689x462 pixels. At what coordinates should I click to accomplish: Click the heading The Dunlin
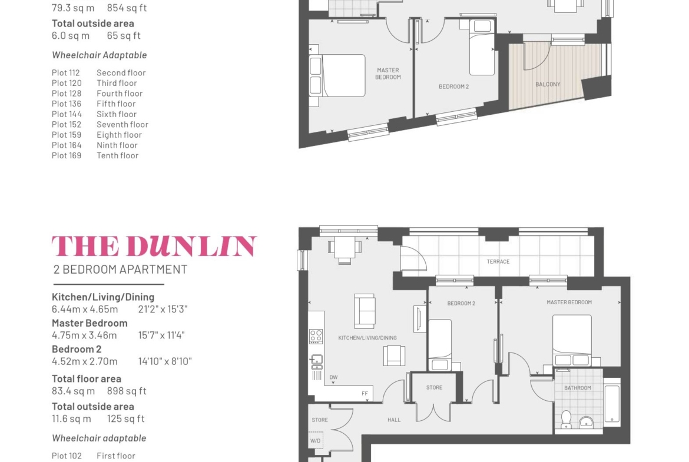coord(154,246)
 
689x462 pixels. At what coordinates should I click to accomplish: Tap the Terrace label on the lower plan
coord(498,262)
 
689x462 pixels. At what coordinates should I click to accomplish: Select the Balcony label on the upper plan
coord(548,84)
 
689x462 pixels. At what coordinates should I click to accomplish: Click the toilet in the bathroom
coord(566,419)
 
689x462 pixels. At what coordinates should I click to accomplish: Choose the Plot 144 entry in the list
coord(67,114)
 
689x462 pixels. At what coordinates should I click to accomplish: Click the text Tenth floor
coord(117,155)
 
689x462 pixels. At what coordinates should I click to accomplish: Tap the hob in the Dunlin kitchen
coord(316,337)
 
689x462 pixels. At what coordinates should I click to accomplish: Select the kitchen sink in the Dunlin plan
coord(316,362)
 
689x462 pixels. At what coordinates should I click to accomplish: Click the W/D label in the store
coord(315,440)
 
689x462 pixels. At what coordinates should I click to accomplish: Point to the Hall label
coord(394,420)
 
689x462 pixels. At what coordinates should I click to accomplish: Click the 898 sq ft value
coord(127,391)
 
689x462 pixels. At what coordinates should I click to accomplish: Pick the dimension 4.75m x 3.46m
coord(84,335)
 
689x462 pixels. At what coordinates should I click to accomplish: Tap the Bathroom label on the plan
coord(577,388)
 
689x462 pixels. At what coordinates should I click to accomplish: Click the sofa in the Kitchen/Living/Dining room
coord(365,311)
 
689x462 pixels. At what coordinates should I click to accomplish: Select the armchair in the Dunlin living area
coord(394,355)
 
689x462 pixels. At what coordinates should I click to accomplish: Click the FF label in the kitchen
coord(365,394)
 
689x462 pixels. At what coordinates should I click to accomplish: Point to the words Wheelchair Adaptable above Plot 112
coord(100,55)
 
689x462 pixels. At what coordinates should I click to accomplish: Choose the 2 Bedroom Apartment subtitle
coord(120,269)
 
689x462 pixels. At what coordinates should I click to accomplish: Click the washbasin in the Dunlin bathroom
coord(586,423)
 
